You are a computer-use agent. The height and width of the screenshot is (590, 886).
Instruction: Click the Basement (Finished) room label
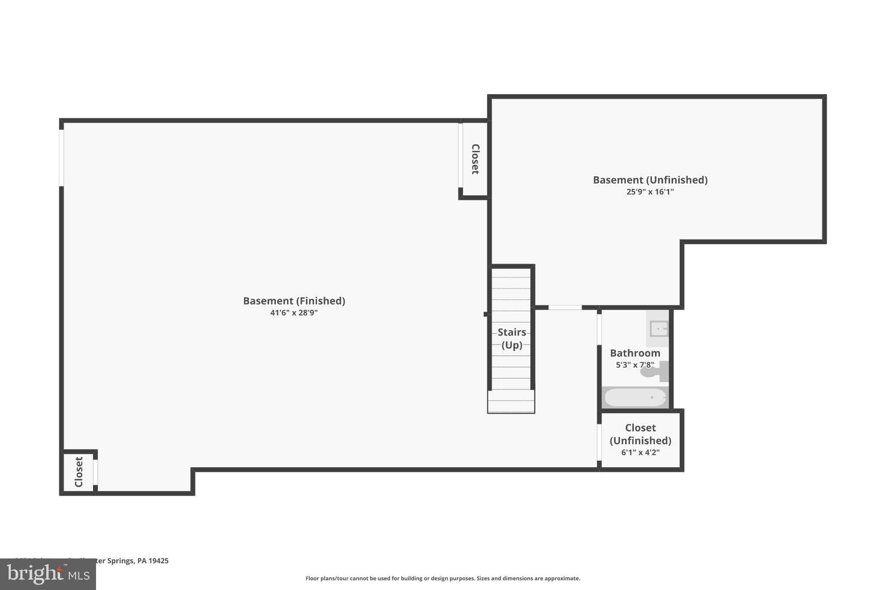294,301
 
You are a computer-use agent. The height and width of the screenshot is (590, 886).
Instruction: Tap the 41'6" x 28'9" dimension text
294,313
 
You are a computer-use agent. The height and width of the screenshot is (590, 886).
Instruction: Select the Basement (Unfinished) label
650,180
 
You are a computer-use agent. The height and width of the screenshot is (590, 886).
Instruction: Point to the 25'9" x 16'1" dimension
650,192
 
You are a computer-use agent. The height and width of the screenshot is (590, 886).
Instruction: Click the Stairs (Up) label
512,338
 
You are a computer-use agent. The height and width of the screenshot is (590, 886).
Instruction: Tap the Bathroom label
635,353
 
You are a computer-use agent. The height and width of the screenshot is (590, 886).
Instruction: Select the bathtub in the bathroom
635,398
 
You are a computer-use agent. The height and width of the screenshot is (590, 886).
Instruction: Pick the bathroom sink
658,329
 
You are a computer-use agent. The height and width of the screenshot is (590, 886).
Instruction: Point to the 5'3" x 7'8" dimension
634,365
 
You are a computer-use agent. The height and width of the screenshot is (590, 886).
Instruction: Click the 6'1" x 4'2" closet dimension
640,453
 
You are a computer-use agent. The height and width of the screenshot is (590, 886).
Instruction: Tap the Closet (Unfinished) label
640,434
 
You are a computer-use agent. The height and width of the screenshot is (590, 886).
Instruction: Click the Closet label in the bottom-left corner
79,472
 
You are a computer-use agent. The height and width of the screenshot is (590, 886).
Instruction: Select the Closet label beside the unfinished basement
475,159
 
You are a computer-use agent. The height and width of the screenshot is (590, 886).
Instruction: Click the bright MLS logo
48,574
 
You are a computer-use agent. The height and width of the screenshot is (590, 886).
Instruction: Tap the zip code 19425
158,561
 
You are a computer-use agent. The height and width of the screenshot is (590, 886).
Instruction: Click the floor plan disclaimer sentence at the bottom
443,578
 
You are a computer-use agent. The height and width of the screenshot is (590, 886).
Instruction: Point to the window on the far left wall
61,158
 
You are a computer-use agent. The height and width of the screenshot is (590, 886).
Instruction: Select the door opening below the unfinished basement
565,307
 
